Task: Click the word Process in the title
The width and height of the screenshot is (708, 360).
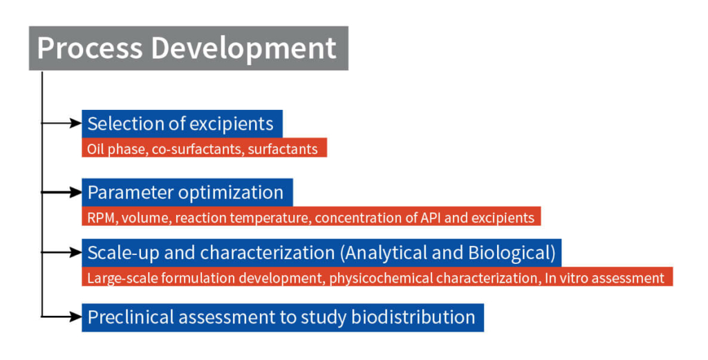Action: (x=90, y=48)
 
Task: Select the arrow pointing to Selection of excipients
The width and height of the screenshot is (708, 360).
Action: (x=62, y=123)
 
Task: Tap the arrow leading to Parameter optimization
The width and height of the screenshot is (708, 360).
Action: (x=62, y=192)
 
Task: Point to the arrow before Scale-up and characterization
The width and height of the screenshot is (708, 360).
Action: (x=62, y=252)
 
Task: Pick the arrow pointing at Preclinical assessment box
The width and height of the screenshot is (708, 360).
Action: (x=62, y=316)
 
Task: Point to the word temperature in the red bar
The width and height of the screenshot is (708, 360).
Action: (x=270, y=218)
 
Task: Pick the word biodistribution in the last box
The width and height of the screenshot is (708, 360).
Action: (x=413, y=317)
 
